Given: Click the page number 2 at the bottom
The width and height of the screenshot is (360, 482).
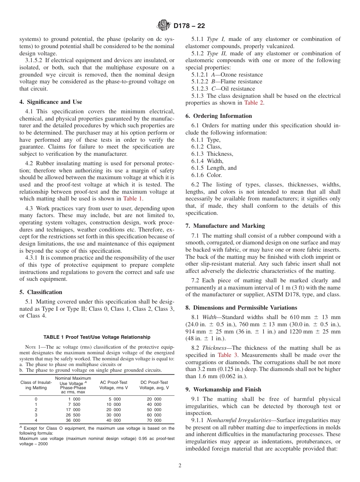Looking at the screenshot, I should (x=180, y=466).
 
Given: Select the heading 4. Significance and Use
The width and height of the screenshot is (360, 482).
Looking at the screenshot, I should (x=51, y=102).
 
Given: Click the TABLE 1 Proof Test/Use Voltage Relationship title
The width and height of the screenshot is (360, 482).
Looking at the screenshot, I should (x=97, y=337).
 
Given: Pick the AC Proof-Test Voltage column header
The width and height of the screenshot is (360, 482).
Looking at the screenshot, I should (x=113, y=385).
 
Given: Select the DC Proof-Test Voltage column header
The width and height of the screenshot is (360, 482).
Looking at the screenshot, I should (x=154, y=385).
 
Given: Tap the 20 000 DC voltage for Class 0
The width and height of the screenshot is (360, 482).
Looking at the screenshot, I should (x=154, y=399).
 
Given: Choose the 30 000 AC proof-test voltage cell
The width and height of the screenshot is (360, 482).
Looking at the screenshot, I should (x=114, y=415).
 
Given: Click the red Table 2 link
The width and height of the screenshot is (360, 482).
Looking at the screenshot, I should (x=254, y=103).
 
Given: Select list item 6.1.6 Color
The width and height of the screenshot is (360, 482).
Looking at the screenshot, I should (x=207, y=175).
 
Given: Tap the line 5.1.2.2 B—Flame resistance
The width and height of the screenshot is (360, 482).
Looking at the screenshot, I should (x=227, y=81).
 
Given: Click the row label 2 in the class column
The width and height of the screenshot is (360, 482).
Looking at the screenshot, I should (x=36, y=410).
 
